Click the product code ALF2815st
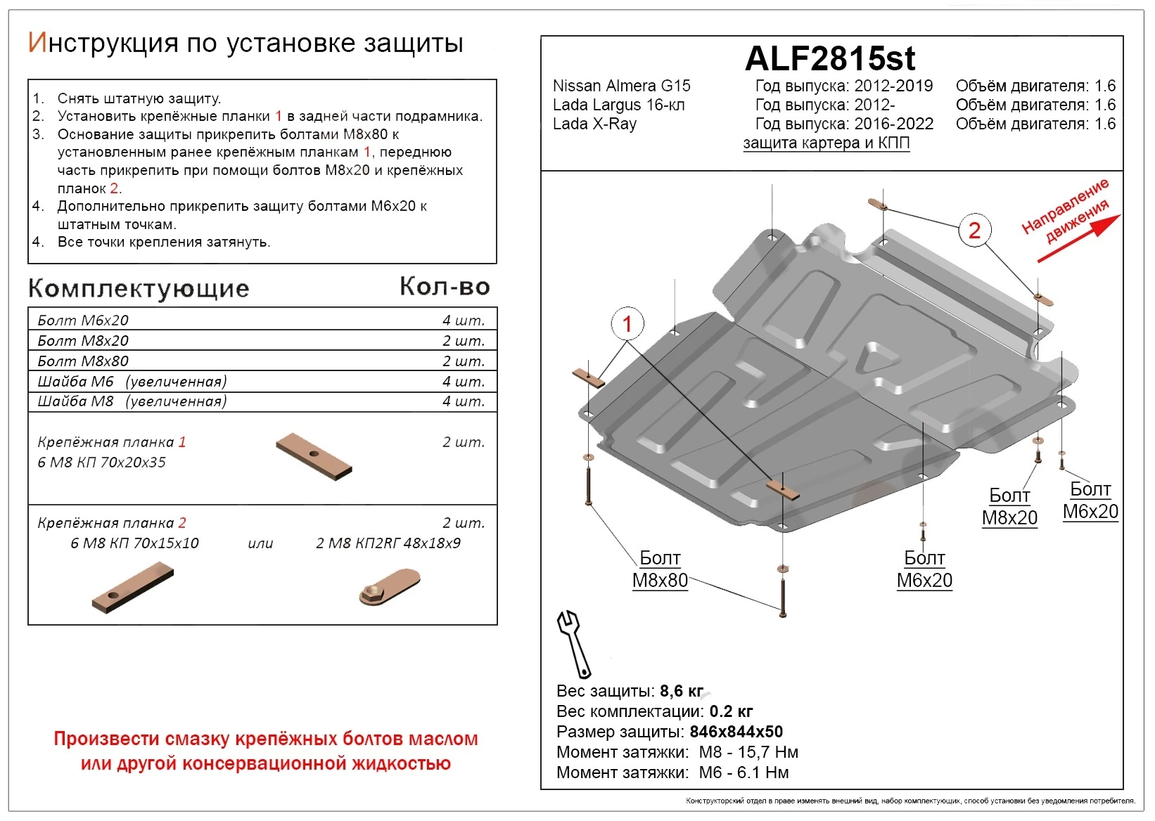(829, 59)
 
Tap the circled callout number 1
(627, 324)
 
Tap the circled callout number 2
(974, 230)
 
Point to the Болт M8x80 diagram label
(660, 569)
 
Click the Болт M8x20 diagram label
(1009, 507)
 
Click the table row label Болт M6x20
(83, 321)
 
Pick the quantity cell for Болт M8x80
(463, 361)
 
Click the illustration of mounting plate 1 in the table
(314, 456)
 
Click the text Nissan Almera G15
(621, 86)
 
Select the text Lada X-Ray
(594, 124)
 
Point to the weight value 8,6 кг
(682, 692)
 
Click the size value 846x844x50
(736, 732)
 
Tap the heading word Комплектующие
(139, 288)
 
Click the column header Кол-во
(445, 286)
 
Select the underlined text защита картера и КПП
(827, 143)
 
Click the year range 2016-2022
(893, 124)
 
